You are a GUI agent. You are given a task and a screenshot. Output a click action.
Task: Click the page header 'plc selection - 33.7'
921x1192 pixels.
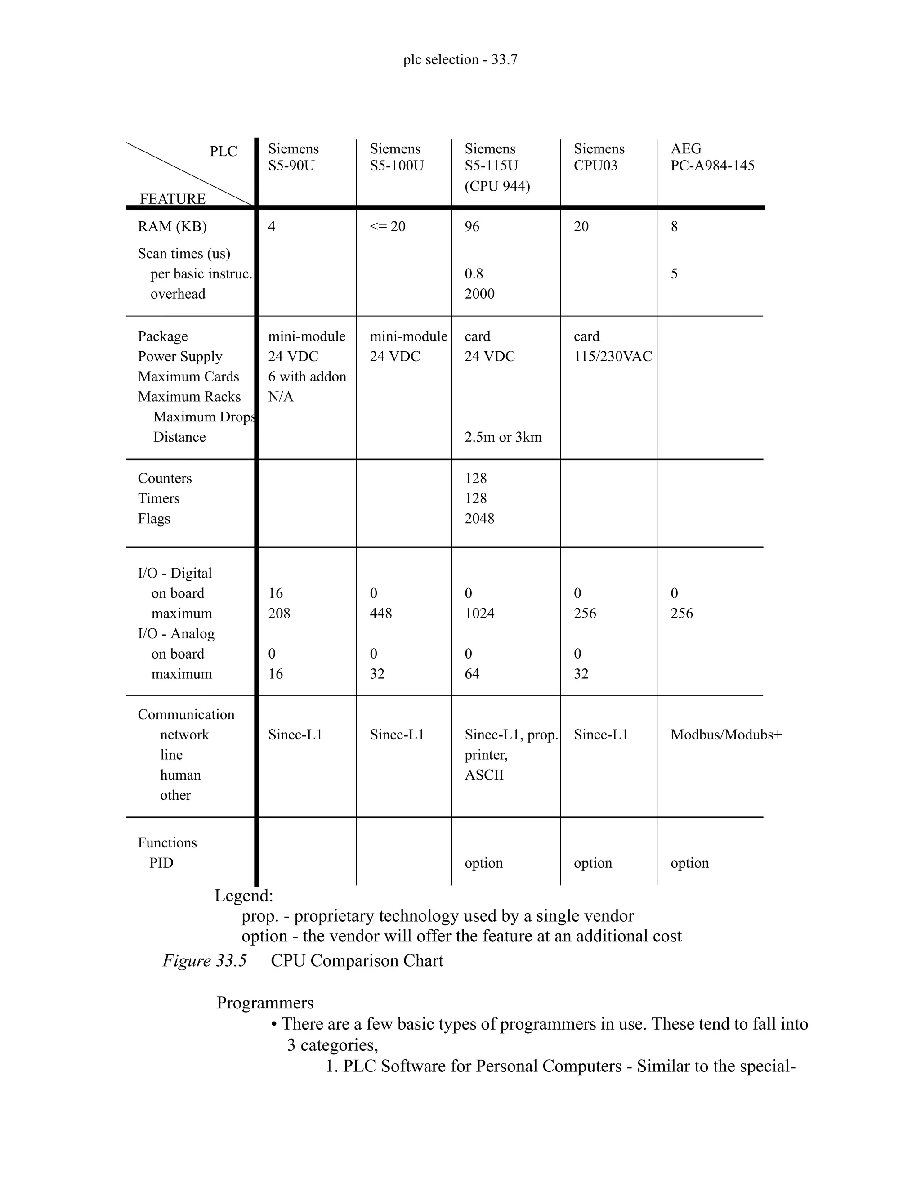click(x=460, y=59)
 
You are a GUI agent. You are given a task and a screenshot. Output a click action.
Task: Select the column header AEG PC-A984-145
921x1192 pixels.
click(x=712, y=157)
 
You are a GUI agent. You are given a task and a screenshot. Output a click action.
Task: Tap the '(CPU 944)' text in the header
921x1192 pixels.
click(x=497, y=186)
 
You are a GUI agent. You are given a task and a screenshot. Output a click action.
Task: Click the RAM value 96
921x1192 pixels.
click(x=472, y=227)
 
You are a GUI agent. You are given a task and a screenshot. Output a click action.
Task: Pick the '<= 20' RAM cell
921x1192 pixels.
click(x=387, y=227)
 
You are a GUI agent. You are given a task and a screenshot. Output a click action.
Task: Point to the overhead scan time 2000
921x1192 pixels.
click(x=479, y=294)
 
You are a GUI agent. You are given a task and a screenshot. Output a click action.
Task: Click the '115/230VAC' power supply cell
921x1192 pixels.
click(x=612, y=356)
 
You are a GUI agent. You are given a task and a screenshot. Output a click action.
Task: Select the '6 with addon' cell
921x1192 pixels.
click(x=307, y=376)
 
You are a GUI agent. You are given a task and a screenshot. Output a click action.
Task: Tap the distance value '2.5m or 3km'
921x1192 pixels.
click(x=502, y=437)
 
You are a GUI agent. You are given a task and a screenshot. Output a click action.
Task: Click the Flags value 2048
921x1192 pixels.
click(x=479, y=519)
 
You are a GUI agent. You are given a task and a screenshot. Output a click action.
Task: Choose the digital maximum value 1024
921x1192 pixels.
click(x=479, y=614)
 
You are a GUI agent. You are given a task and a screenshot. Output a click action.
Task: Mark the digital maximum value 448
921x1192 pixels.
click(x=380, y=614)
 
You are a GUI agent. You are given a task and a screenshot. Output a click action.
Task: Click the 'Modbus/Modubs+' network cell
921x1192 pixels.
click(x=726, y=735)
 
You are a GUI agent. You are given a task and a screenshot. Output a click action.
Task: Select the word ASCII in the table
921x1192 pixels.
click(x=484, y=775)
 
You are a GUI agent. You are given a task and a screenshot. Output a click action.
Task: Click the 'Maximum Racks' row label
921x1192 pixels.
click(x=189, y=397)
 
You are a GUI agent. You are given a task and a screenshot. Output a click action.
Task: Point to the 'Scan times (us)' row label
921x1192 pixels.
click(x=184, y=254)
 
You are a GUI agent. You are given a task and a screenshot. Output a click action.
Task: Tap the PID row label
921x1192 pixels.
click(x=161, y=863)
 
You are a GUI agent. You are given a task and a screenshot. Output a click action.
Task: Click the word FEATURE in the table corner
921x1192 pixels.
click(x=172, y=199)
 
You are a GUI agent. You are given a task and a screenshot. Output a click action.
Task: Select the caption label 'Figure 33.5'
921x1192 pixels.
click(x=205, y=961)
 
